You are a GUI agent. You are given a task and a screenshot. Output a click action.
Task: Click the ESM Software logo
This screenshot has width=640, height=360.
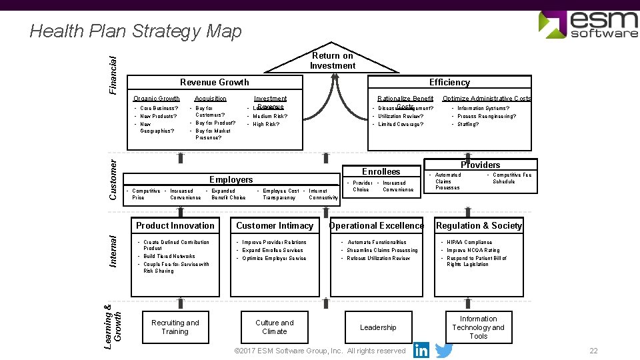587,24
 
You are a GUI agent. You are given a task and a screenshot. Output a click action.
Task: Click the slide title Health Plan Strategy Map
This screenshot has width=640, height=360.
136,31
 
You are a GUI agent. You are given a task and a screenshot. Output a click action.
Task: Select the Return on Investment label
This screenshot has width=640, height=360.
332,61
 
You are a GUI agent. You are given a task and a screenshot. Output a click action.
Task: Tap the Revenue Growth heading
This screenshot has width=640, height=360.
215,82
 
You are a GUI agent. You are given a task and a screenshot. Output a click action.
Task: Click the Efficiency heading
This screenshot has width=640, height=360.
449,82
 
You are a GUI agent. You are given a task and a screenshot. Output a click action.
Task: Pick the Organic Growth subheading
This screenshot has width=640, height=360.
156,99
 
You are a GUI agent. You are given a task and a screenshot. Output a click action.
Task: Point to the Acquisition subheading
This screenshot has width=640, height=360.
210,99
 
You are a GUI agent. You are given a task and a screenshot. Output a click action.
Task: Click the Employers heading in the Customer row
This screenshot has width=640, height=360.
231,179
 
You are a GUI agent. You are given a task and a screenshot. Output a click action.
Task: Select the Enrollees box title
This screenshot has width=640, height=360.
381,171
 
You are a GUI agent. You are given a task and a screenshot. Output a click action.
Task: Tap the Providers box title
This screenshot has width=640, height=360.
480,165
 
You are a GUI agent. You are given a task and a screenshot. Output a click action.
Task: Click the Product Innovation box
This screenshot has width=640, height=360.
175,225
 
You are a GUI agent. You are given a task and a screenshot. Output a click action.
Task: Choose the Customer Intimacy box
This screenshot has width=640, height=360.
275,225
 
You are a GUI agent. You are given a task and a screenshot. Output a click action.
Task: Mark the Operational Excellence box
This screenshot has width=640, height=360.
377,225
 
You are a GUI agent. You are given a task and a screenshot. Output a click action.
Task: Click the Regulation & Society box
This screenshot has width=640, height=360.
479,225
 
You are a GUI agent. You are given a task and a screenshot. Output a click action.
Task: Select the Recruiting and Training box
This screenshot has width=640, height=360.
175,327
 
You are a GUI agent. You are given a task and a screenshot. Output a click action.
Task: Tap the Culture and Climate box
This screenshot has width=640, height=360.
275,327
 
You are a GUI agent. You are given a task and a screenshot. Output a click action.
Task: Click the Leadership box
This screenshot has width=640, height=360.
378,327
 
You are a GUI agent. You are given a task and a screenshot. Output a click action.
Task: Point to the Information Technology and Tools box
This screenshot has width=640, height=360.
478,327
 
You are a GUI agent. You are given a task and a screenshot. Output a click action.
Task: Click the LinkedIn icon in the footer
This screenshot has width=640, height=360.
421,350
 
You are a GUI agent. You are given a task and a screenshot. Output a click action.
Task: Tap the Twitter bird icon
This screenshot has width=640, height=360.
444,350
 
